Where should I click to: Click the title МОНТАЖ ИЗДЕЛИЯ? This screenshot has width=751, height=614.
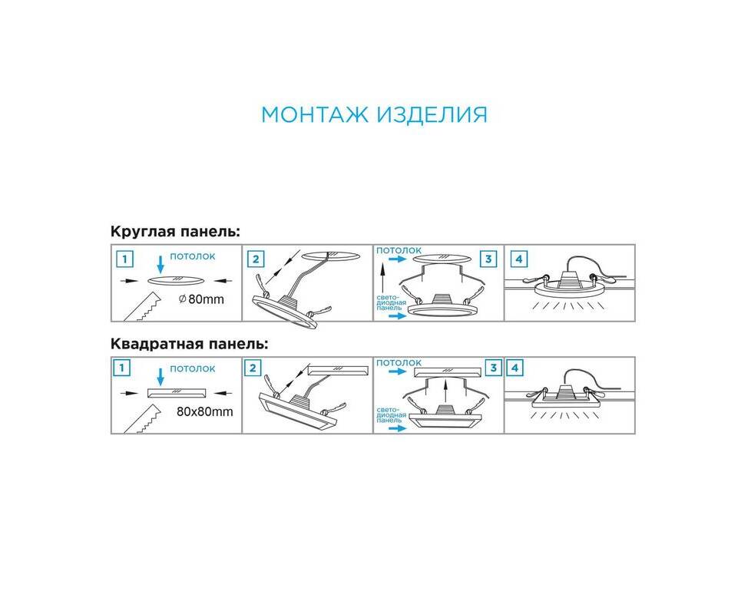374,115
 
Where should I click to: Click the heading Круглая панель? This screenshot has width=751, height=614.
175,232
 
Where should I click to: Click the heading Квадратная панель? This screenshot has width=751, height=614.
189,344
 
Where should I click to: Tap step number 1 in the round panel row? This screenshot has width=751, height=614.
125,259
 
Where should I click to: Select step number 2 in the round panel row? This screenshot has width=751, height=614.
255,259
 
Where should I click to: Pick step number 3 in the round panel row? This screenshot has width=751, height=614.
488,259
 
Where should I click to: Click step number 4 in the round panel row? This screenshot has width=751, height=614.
519,259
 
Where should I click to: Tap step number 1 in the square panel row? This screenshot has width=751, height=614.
122,368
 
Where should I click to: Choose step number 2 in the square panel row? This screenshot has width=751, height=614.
253,368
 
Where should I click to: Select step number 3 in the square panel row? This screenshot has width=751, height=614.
493,368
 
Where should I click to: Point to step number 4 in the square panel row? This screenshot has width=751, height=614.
515,368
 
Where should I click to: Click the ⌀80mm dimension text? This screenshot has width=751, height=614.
201,299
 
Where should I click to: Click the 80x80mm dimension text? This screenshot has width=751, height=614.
205,411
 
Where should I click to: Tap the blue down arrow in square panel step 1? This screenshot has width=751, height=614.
160,376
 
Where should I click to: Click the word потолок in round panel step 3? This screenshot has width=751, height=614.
399,250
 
